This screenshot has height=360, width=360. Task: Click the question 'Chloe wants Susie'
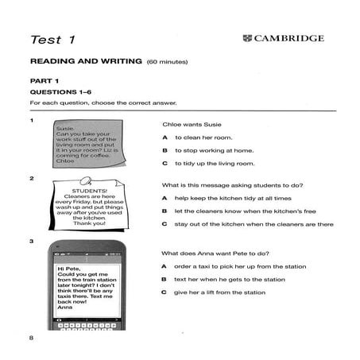point(192,125)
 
